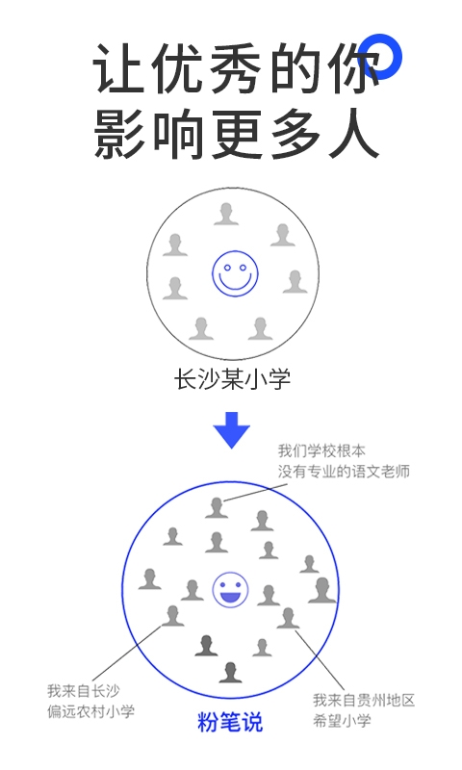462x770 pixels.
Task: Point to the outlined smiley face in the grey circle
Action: coord(235,273)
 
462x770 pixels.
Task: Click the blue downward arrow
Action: coord(232,429)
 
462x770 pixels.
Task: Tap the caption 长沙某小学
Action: coord(232,379)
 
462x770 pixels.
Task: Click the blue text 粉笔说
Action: coord(230,721)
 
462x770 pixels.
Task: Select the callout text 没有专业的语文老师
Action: coord(344,472)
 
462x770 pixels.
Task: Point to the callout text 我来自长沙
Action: coord(84,691)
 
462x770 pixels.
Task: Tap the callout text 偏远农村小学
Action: coord(90,711)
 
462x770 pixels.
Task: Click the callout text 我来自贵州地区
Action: coord(364,700)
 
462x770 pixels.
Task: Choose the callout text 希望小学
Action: coord(343,720)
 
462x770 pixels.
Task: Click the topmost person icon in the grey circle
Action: coord(226,214)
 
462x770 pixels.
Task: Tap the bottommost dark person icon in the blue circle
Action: coord(230,672)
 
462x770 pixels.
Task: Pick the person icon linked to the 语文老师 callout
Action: coord(217,507)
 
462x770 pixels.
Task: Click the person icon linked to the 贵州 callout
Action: coord(288,618)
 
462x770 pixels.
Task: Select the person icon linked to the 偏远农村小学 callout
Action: coord(173,615)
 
